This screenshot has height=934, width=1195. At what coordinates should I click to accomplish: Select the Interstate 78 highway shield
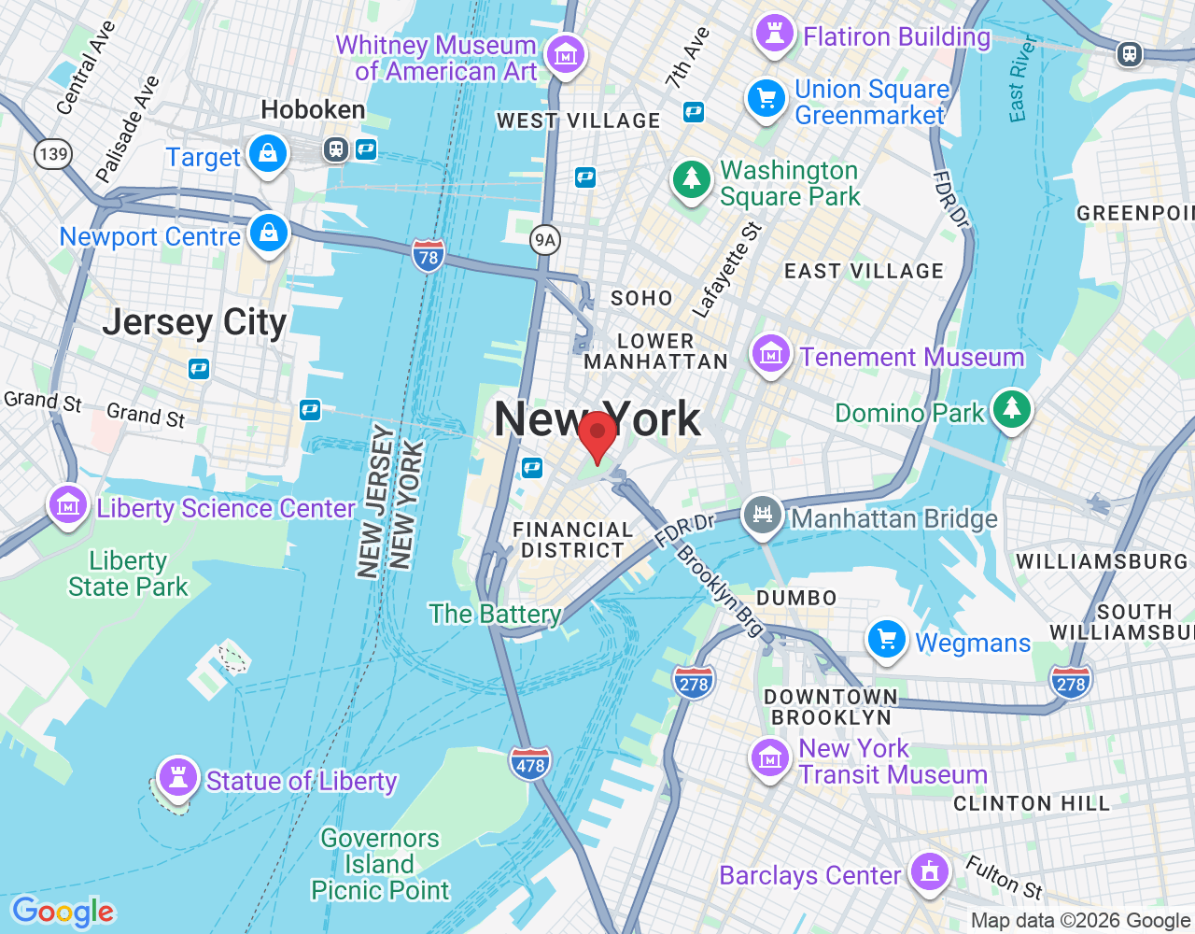(428, 256)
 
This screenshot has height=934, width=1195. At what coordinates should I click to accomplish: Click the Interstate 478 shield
(530, 765)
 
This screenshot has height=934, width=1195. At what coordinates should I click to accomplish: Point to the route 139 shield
(53, 153)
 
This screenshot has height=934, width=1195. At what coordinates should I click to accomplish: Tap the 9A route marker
(544, 240)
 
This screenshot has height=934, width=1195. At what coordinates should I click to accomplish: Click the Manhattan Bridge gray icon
(763, 515)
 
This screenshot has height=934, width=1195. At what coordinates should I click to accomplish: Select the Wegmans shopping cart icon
(887, 641)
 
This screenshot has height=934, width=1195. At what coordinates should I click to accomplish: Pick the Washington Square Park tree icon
(692, 178)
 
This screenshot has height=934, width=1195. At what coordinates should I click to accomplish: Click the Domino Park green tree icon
(1011, 409)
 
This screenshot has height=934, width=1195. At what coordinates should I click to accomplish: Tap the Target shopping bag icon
(268, 153)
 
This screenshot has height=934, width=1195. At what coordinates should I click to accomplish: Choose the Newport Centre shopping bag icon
(269, 233)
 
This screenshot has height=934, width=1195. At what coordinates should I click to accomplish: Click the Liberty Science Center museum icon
(68, 505)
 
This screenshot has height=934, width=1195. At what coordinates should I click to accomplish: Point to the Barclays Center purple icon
(928, 872)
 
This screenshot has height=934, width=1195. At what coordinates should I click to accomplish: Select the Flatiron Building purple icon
(774, 34)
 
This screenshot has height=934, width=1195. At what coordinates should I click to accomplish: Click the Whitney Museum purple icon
(565, 54)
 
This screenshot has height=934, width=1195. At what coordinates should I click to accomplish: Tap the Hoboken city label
(313, 110)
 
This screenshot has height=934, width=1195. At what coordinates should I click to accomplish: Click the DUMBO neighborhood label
(796, 598)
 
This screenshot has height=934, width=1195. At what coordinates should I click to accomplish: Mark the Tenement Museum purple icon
(771, 355)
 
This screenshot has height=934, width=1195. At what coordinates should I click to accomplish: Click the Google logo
(63, 912)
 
